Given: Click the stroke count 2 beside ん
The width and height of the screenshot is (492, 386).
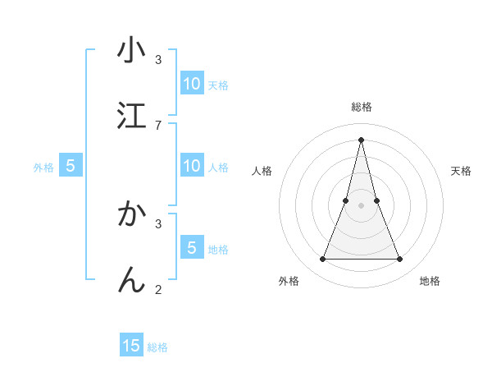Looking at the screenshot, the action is (158, 288).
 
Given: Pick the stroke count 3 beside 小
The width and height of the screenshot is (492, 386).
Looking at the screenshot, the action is (158, 60).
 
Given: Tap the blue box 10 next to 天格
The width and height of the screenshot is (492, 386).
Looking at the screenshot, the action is (191, 84).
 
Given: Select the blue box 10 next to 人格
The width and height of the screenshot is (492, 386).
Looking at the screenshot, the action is (191, 167).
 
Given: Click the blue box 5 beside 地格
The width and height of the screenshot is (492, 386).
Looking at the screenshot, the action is (191, 248).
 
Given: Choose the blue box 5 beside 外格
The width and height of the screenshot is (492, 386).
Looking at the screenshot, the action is (71, 167).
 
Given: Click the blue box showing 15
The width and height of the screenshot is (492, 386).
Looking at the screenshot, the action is (131, 346).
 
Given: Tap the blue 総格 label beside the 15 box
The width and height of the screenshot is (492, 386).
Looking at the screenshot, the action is (157, 347).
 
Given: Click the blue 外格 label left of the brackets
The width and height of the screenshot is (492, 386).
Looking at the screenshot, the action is (43, 168).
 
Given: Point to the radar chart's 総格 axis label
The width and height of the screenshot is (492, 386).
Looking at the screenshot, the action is (362, 107).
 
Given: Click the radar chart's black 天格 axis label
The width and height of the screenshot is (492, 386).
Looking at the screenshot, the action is (462, 171).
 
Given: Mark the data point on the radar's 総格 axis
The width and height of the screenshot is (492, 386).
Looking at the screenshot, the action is (362, 139).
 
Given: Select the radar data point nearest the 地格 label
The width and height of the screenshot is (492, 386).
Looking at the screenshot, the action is (400, 260).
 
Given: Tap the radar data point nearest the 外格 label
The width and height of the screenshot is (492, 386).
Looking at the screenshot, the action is (322, 260).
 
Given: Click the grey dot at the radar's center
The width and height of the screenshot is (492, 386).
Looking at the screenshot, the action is (362, 205).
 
